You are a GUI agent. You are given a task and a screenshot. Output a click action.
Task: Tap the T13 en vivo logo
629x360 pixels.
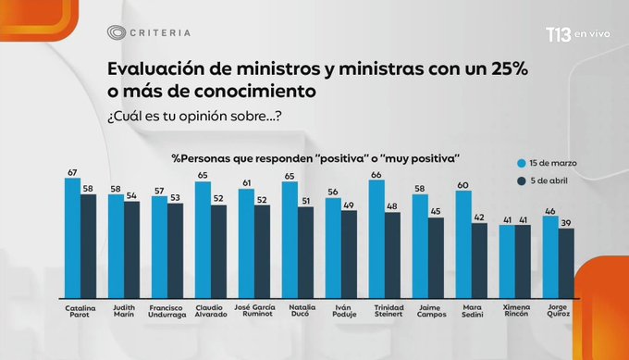click(550, 34)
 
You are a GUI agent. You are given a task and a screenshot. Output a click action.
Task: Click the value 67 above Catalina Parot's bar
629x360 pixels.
click(71, 172)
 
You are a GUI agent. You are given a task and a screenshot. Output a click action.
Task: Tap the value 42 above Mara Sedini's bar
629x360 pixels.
click(480, 218)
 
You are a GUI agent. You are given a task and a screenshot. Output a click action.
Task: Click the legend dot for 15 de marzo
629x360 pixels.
click(521, 163)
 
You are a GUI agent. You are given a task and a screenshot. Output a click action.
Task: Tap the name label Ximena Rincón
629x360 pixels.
click(515, 310)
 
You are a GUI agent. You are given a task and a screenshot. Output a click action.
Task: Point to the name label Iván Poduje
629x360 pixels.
click(341, 310)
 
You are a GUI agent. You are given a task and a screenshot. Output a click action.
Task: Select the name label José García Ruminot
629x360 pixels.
click(254, 310)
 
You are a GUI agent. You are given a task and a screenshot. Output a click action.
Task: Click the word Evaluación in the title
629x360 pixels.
click(150, 71)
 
